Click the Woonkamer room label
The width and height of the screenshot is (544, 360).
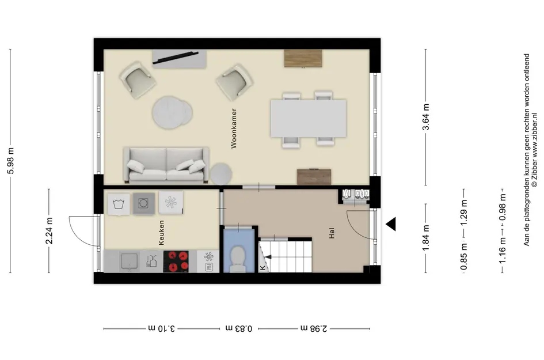click(234, 128)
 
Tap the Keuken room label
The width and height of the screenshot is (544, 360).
click(161, 233)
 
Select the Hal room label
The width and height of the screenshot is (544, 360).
click(332, 233)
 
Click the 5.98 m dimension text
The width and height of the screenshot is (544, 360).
click(11, 160)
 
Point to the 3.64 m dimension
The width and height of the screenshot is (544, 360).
click(425, 117)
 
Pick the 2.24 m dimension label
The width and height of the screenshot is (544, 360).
click(50, 231)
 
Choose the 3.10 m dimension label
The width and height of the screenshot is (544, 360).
click(162, 328)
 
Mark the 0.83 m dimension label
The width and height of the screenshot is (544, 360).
click(239, 328)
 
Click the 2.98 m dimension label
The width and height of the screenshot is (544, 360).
click(314, 328)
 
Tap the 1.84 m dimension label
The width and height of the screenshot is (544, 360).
click(425, 238)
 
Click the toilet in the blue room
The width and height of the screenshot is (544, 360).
click(238, 259)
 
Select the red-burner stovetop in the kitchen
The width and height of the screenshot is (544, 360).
click(176, 262)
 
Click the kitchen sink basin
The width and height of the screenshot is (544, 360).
click(129, 262)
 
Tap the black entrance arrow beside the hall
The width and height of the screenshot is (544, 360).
click(391, 224)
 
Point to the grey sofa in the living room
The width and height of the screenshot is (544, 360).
click(166, 165)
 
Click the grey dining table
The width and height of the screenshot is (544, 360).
click(309, 118)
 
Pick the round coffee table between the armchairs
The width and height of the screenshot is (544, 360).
click(172, 112)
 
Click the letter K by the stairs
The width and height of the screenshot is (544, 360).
click(263, 268)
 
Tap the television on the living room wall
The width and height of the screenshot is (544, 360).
click(176, 58)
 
